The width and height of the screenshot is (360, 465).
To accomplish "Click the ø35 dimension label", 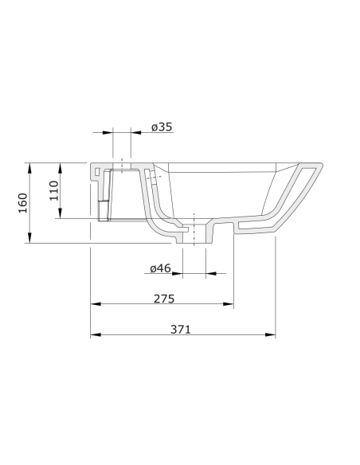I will (x=162, y=127).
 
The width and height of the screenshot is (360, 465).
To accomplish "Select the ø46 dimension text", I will (x=160, y=269).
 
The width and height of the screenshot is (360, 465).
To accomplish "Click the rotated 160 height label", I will (x=23, y=203).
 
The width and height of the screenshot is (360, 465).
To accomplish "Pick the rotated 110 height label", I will (x=55, y=191).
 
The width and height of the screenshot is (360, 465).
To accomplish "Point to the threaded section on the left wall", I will (x=101, y=210).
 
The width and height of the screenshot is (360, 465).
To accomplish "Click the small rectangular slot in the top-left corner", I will (x=97, y=172).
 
